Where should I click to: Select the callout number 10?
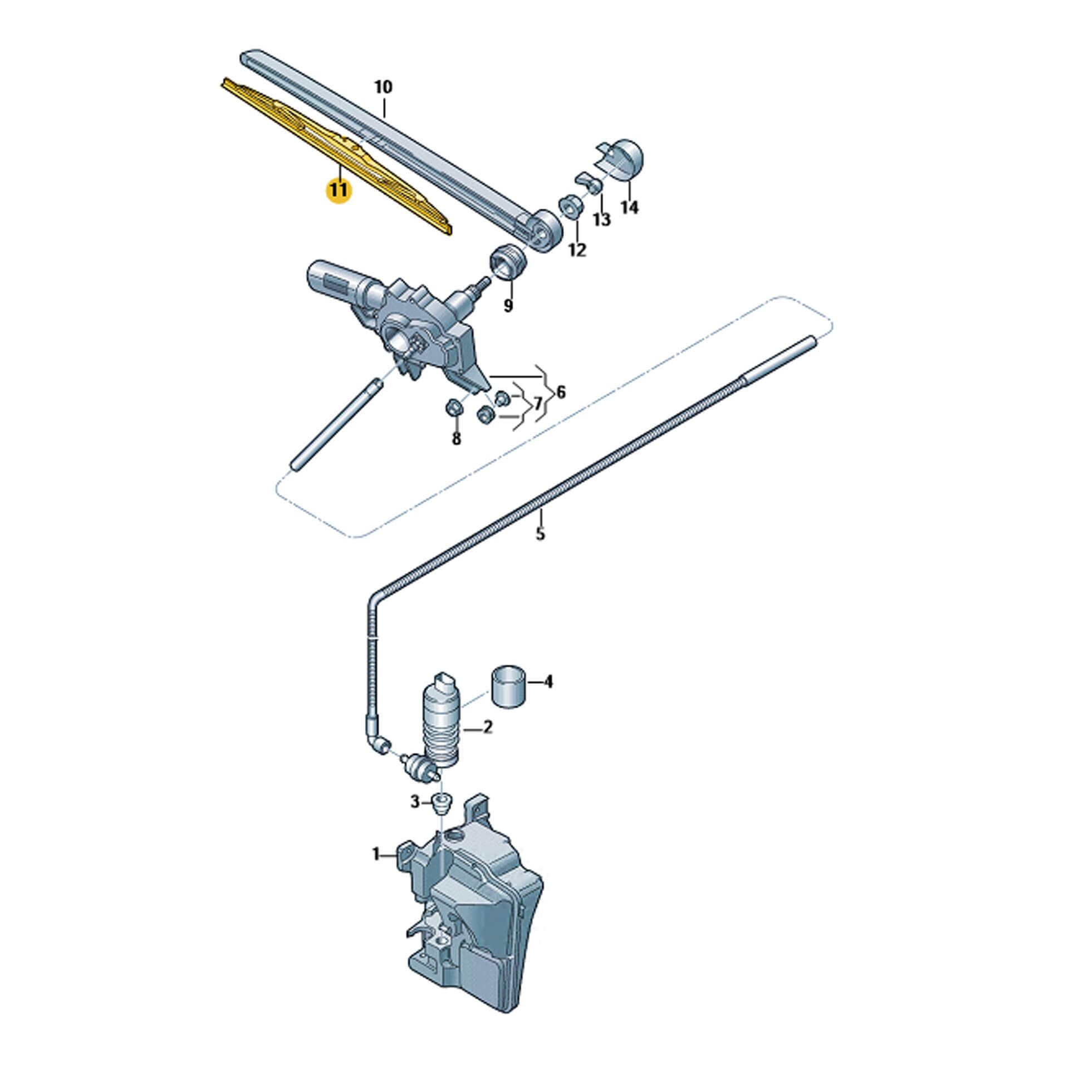383,87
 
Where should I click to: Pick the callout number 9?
508,306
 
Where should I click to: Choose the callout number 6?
561,392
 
